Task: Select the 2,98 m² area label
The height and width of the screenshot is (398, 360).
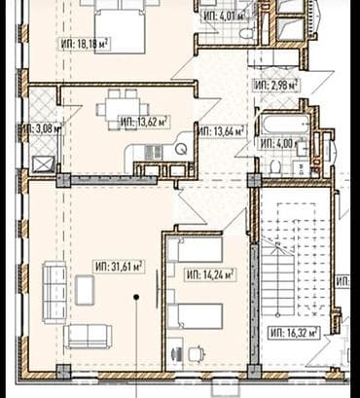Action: (275, 85)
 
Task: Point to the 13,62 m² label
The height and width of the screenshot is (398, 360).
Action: (144, 122)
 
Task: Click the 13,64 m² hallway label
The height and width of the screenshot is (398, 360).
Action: (223, 130)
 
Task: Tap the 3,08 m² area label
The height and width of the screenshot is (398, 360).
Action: (39, 127)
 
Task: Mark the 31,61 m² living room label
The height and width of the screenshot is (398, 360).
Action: (119, 266)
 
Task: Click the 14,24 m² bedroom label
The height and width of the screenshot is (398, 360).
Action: (210, 274)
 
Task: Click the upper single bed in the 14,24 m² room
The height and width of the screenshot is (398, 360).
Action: (194, 252)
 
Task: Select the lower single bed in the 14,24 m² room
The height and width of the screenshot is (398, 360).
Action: (194, 316)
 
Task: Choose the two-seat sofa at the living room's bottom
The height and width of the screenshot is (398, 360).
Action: (89, 336)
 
